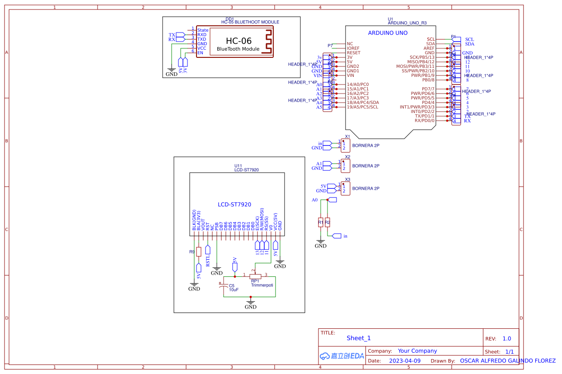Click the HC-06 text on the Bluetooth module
239,41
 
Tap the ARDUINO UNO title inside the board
388,33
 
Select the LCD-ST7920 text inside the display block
234,205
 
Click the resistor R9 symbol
198,252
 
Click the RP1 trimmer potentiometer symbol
255,275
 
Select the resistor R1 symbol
320,222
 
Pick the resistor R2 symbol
328,222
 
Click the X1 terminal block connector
345,145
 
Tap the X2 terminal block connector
345,165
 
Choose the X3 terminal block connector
345,188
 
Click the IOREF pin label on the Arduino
353,48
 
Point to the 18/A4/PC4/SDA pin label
363,103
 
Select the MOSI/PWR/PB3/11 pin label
415,66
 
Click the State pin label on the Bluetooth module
203,30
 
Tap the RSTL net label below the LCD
208,261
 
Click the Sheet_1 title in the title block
359,338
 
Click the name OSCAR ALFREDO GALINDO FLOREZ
507,361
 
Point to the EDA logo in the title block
342,356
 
